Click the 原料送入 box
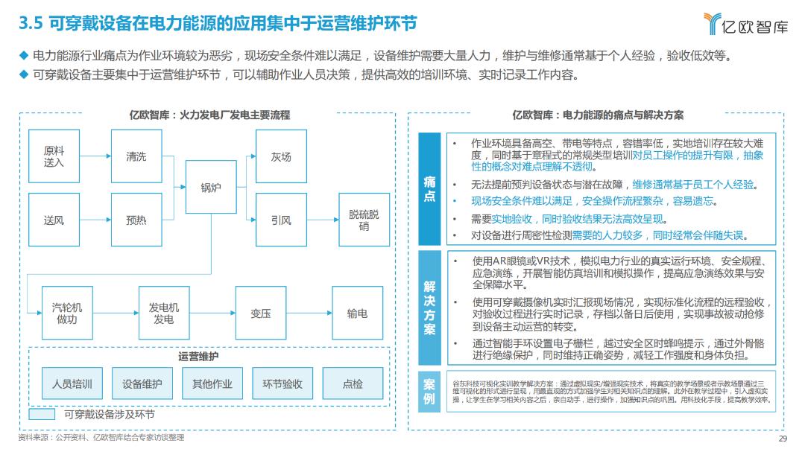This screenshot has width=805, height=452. tap(54, 156)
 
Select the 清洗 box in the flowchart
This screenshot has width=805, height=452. tap(136, 156)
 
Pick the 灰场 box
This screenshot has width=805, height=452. tap(281, 156)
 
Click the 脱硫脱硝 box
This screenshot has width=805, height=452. tap(364, 220)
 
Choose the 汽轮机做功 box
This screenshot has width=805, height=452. tap(67, 313)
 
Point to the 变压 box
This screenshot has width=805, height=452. tap(261, 313)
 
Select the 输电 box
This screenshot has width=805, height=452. tap(357, 313)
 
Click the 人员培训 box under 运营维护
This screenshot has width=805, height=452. tap(72, 384)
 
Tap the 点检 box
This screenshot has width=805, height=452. tap(353, 384)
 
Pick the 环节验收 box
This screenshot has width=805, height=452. tap(282, 384)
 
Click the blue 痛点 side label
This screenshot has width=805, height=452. tap(430, 189)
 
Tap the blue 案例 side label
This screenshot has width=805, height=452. tap(430, 391)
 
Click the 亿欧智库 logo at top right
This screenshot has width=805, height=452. tap(745, 25)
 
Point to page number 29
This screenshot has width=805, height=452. tap(783, 438)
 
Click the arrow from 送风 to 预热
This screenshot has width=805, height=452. tap(95, 220)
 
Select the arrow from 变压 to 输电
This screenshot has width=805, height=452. tap(309, 313)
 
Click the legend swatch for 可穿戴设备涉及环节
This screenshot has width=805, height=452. tap(42, 414)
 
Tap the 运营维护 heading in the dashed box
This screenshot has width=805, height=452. tap(199, 357)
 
